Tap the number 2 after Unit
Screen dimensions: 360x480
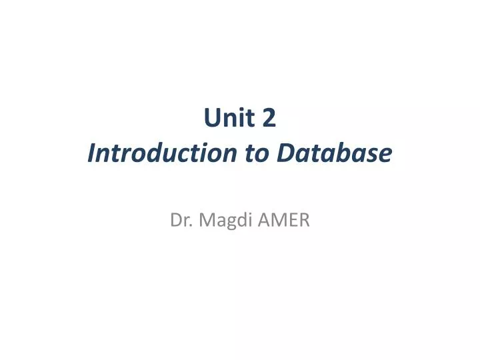269,119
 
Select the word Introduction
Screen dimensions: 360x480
162,153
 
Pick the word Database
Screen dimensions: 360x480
334,153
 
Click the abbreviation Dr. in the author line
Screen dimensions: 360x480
180,219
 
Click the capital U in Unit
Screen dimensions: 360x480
211,119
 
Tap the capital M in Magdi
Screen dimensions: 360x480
202,219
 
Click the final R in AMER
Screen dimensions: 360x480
303,219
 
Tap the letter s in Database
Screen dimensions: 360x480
374,155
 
